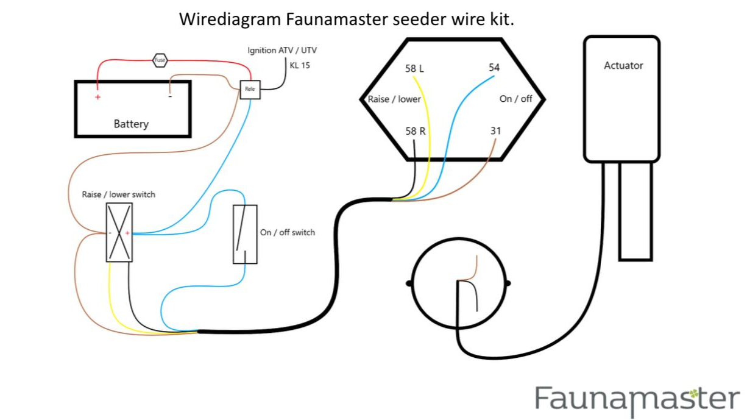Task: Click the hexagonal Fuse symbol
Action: [x=160, y=60]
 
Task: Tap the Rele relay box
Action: [x=250, y=90]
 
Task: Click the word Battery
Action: [x=131, y=124]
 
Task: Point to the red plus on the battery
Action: [x=97, y=97]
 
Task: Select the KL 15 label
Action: [x=299, y=65]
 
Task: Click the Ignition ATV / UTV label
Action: [x=282, y=51]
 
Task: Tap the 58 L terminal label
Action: [x=414, y=69]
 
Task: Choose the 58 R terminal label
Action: [x=415, y=131]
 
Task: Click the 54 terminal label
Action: [x=494, y=68]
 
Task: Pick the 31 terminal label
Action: [x=495, y=131]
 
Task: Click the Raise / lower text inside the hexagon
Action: [x=394, y=99]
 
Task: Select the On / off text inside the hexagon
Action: [x=515, y=99]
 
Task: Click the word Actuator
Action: [x=623, y=65]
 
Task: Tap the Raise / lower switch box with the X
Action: [x=119, y=232]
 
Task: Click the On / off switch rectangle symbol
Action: [x=245, y=234]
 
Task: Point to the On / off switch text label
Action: [x=288, y=232]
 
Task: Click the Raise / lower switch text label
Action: [x=118, y=194]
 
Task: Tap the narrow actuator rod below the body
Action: [x=635, y=212]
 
